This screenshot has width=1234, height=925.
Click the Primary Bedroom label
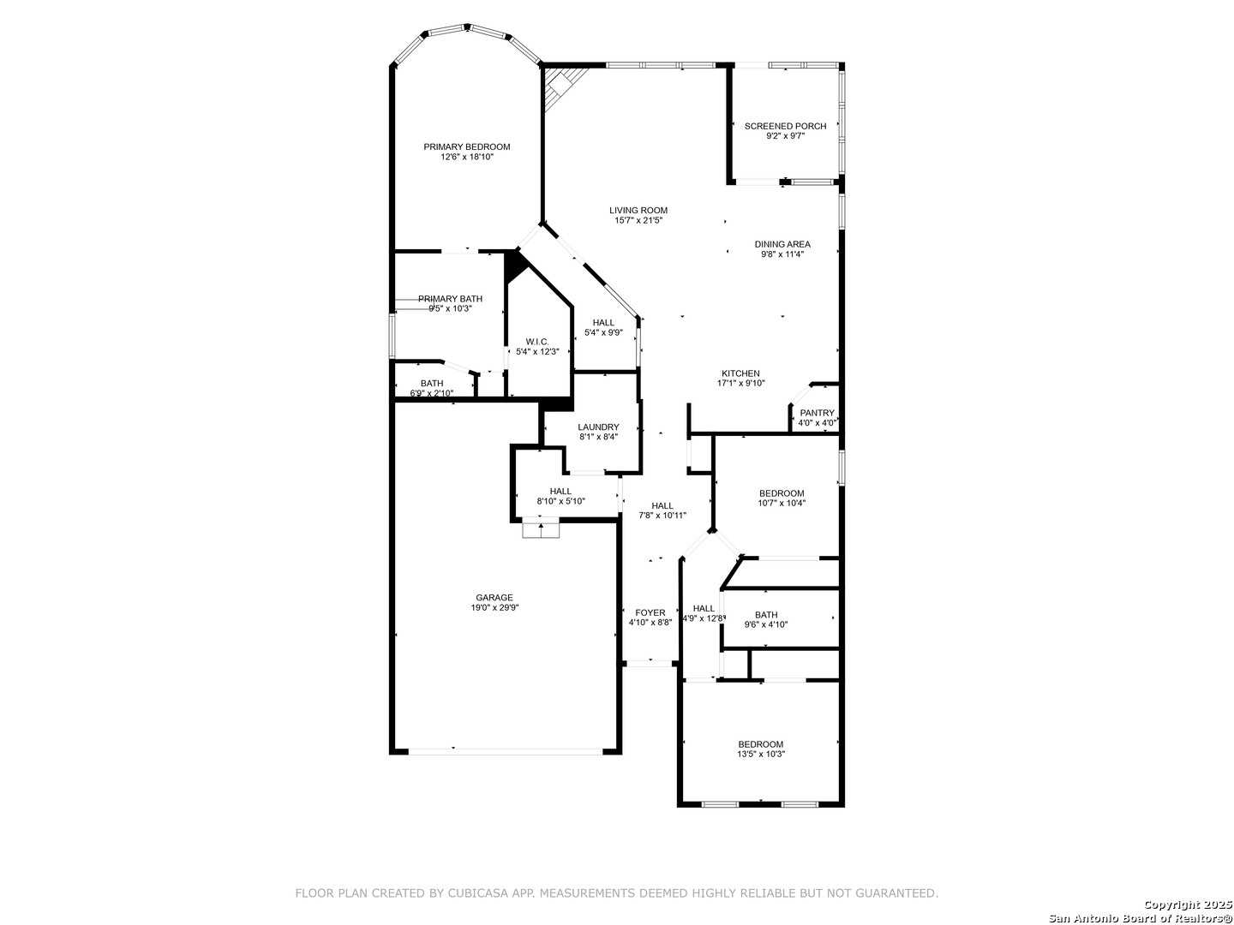pos(467,147)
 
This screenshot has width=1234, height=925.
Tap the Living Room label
pos(638,211)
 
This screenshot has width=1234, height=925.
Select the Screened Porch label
pos(785,127)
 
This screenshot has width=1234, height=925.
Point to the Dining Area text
pos(782,244)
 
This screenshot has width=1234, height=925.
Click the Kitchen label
pos(740,373)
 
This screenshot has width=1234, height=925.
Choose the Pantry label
pos(817,413)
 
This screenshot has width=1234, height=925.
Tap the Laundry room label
pos(598,427)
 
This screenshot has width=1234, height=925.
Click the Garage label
pos(494,598)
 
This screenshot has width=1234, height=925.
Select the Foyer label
pos(650,612)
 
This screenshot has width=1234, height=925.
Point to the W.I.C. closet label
pos(537,342)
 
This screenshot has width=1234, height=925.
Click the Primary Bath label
pos(450,299)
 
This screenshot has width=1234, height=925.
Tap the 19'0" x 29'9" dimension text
pos(494,607)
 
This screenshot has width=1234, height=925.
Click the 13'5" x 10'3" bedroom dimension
pos(761,754)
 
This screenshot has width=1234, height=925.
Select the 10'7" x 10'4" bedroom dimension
pos(782,504)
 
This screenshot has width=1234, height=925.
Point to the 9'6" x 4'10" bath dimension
pos(766,624)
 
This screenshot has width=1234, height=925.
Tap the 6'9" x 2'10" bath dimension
pos(432,393)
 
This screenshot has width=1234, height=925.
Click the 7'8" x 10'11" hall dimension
pos(662,515)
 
